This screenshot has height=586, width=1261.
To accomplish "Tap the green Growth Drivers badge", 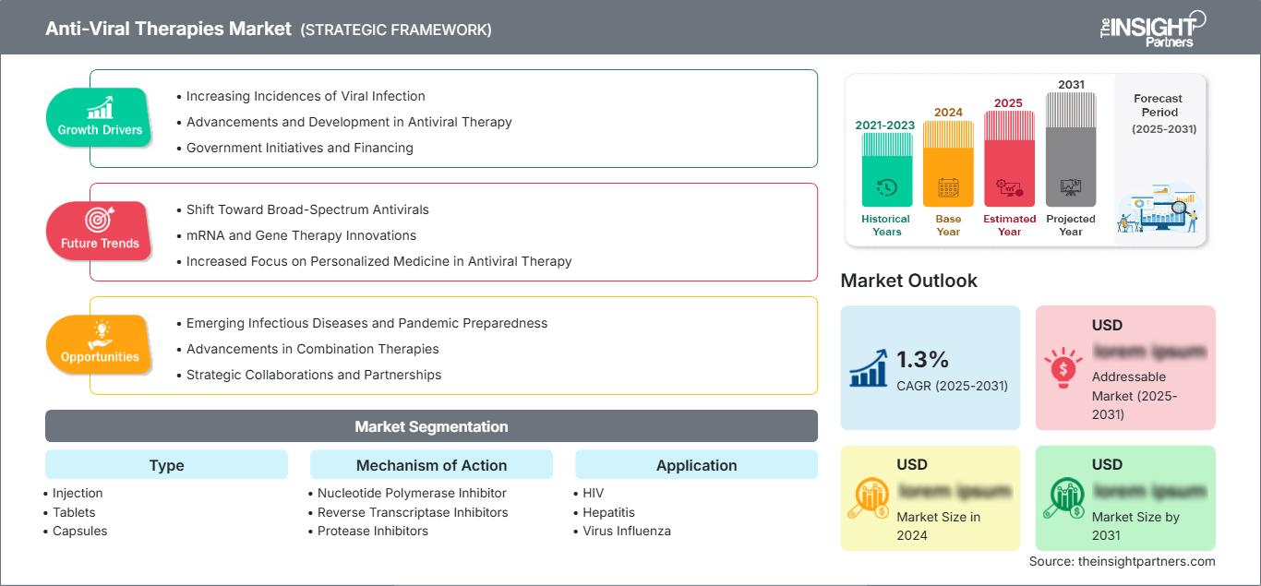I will coord(100,117).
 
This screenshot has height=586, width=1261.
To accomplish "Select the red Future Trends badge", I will coord(100,231).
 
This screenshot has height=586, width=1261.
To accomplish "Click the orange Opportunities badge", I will coord(100,344).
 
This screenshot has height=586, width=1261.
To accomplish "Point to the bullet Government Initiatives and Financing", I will coord(299,148).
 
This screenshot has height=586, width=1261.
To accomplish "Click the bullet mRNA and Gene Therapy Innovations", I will coord(301,235).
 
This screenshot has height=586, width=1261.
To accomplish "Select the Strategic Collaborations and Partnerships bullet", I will coord(313,375).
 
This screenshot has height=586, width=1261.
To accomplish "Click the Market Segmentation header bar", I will coord(431,426).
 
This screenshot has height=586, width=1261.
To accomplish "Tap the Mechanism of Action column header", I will coord(431,465).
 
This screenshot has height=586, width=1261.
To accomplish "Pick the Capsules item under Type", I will coord(79,531).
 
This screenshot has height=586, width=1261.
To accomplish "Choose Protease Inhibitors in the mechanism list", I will coord(372,531).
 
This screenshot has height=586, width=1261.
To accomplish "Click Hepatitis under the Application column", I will coord(608,512).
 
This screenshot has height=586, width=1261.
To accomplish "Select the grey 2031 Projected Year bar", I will coord(1071,152).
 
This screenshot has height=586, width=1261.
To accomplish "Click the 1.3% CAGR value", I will coord(923,360).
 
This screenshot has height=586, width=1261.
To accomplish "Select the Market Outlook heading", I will coord(908,281).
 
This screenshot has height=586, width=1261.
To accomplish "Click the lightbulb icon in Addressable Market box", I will coord(1063,367).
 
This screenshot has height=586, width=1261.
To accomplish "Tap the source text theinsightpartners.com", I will coord(1122,561).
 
